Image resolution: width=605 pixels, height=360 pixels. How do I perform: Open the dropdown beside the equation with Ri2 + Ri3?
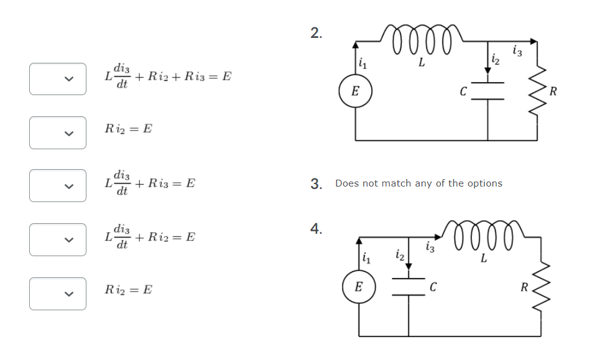tap(57, 79)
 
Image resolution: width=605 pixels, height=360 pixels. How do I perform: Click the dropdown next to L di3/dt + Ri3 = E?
tap(57, 186)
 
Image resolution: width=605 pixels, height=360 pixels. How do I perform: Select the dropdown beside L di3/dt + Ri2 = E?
tap(57, 239)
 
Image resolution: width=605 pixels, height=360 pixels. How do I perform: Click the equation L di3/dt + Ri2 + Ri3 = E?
tap(167, 78)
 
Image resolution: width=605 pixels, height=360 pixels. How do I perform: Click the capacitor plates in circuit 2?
tap(487, 91)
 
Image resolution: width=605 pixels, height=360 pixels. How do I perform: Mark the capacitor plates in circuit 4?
tap(409, 287)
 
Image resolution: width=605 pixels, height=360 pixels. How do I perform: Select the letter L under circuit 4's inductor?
tap(483, 259)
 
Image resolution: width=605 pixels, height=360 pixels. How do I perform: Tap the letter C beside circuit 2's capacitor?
tap(463, 92)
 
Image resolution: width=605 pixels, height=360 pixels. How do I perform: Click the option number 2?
tap(316, 34)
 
